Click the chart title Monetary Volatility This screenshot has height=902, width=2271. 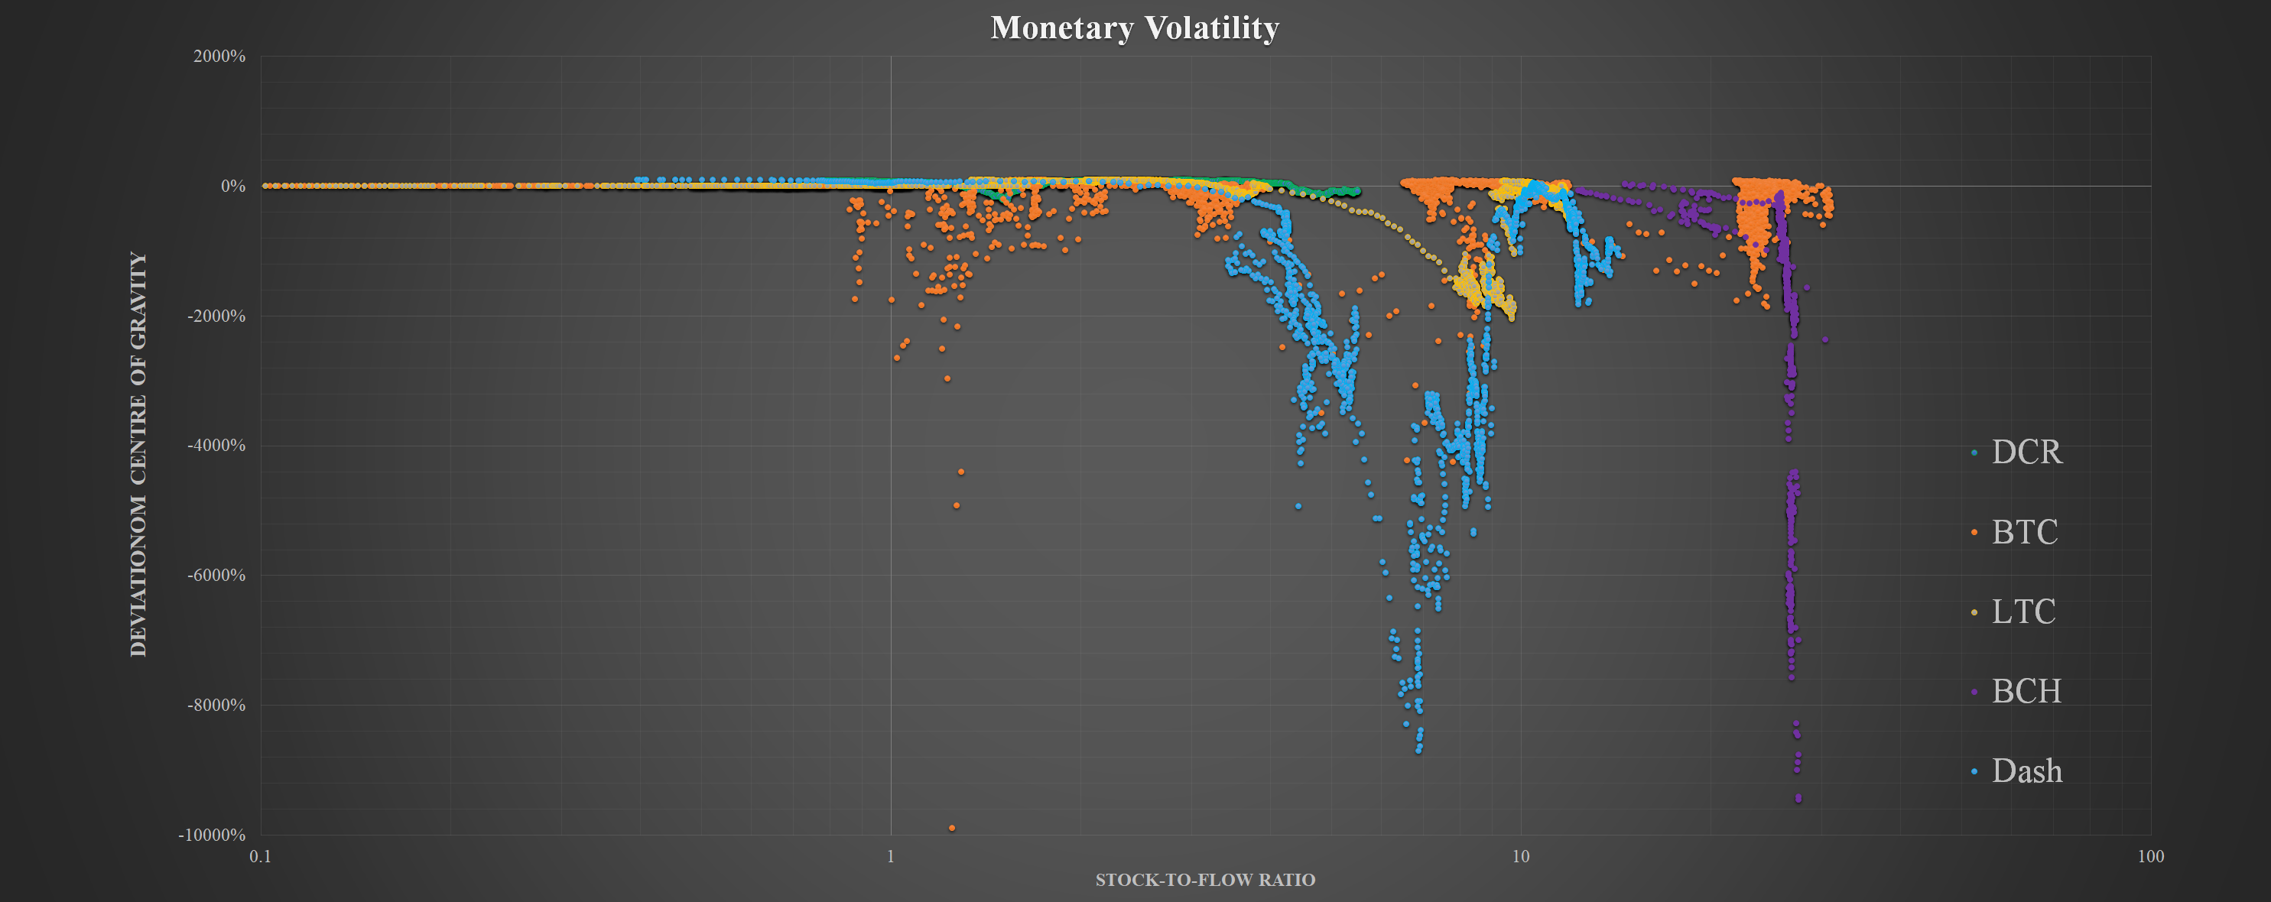tap(1135, 28)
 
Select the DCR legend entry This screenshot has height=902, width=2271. tap(2026, 452)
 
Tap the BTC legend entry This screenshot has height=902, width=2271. tap(2024, 532)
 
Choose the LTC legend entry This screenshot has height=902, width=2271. tap(2023, 611)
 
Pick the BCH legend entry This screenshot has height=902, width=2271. tap(2026, 690)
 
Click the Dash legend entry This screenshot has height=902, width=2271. tap(2026, 771)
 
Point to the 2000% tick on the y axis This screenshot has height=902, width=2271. tap(219, 57)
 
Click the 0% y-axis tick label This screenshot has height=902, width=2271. tap(232, 186)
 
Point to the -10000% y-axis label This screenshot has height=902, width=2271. tap(213, 834)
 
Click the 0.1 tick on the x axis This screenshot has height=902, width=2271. tap(260, 855)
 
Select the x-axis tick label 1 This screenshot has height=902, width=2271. tap(890, 855)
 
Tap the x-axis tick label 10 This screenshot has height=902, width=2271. tap(1521, 855)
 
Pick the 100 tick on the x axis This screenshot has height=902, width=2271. tap(2151, 855)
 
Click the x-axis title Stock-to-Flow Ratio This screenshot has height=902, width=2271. tap(1205, 880)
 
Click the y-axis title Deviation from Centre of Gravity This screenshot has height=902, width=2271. tap(138, 454)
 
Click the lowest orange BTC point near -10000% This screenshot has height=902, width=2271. tap(952, 828)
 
